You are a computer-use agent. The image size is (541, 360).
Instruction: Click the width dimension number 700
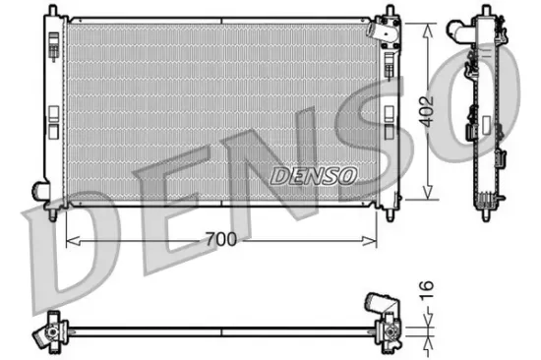(x=222, y=238)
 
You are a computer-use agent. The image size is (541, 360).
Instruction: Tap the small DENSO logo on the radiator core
(x=314, y=175)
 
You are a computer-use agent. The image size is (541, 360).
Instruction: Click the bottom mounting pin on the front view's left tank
(x=50, y=210)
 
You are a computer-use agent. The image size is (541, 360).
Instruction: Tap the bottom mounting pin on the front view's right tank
(x=393, y=210)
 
